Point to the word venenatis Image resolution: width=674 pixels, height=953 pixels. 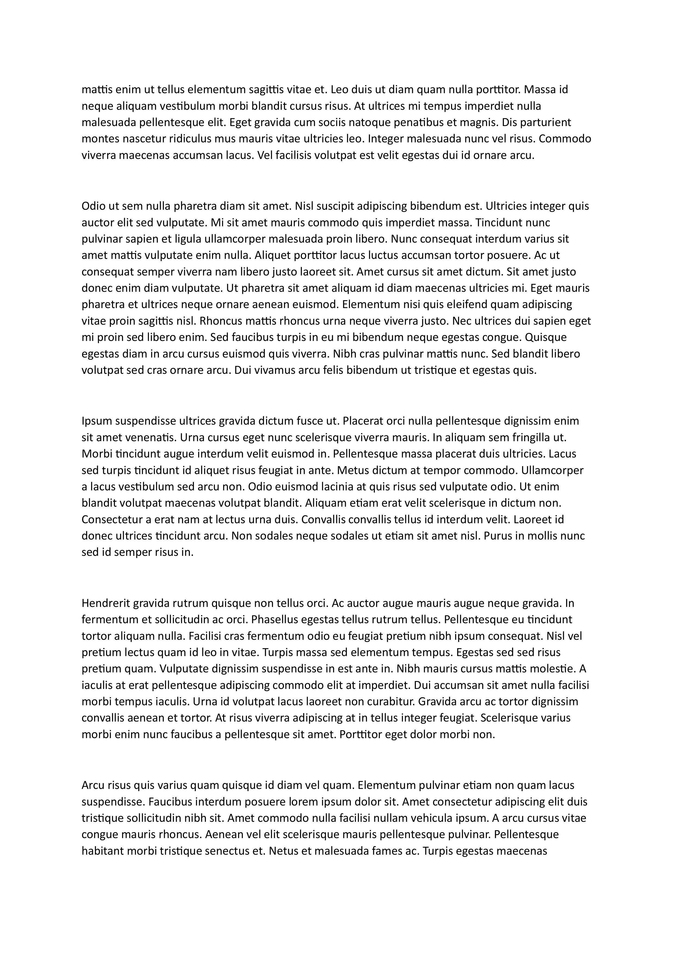(x=144, y=437)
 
